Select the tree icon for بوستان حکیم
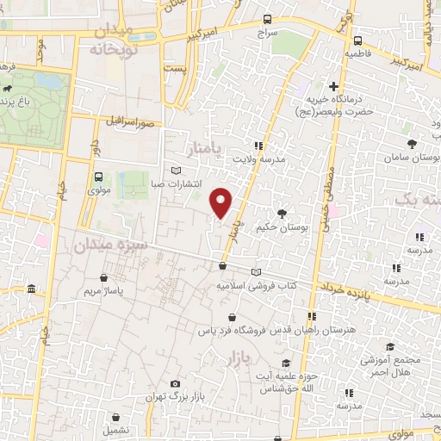pyautogui.click(x=282, y=213)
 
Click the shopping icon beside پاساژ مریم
pyautogui.click(x=104, y=278)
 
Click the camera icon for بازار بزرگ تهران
pyautogui.click(x=176, y=383)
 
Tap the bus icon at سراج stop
pyautogui.click(x=268, y=20)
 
